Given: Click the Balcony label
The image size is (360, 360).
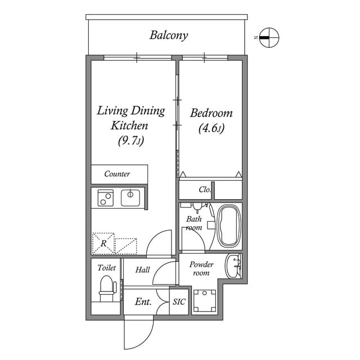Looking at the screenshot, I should click(168, 35).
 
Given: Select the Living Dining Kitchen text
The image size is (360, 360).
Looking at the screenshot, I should click(130, 118).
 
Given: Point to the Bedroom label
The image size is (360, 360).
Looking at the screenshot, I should click(211, 113).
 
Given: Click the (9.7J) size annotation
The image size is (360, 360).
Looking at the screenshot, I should click(130, 141).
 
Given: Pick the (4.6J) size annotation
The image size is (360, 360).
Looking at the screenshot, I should click(211, 128).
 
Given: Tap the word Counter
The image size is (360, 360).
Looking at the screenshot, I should click(117, 174).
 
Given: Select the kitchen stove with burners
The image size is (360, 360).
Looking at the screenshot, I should click(105, 197).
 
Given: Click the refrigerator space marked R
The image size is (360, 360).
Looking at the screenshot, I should click(103, 244).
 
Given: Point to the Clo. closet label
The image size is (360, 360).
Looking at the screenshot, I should click(205, 190).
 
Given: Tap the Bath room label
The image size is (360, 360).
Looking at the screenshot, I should click(194, 223).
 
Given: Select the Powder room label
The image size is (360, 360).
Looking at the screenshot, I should click(201, 268).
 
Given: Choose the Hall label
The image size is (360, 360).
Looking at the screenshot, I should click(143, 270).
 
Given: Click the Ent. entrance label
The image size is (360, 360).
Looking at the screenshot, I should click(143, 302).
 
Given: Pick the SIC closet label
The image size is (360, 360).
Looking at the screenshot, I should click(179, 302).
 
